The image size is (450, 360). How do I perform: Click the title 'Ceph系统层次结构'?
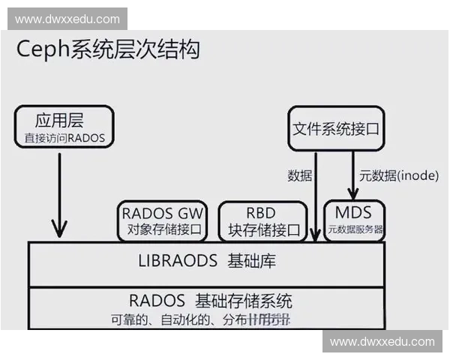[108, 50]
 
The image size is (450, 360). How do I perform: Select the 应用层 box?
[64, 125]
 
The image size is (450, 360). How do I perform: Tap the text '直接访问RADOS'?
[64, 138]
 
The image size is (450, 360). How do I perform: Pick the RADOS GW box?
[163, 220]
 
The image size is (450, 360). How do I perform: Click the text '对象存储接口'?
[163, 230]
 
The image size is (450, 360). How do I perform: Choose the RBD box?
[262, 220]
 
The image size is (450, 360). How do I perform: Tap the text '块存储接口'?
[262, 230]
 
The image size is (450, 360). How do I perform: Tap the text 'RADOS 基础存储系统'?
[210, 301]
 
